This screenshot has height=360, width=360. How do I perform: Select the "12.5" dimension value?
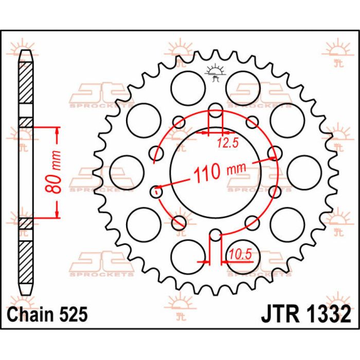pos(225,144)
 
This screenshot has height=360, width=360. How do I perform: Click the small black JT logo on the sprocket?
pos(215,73)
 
